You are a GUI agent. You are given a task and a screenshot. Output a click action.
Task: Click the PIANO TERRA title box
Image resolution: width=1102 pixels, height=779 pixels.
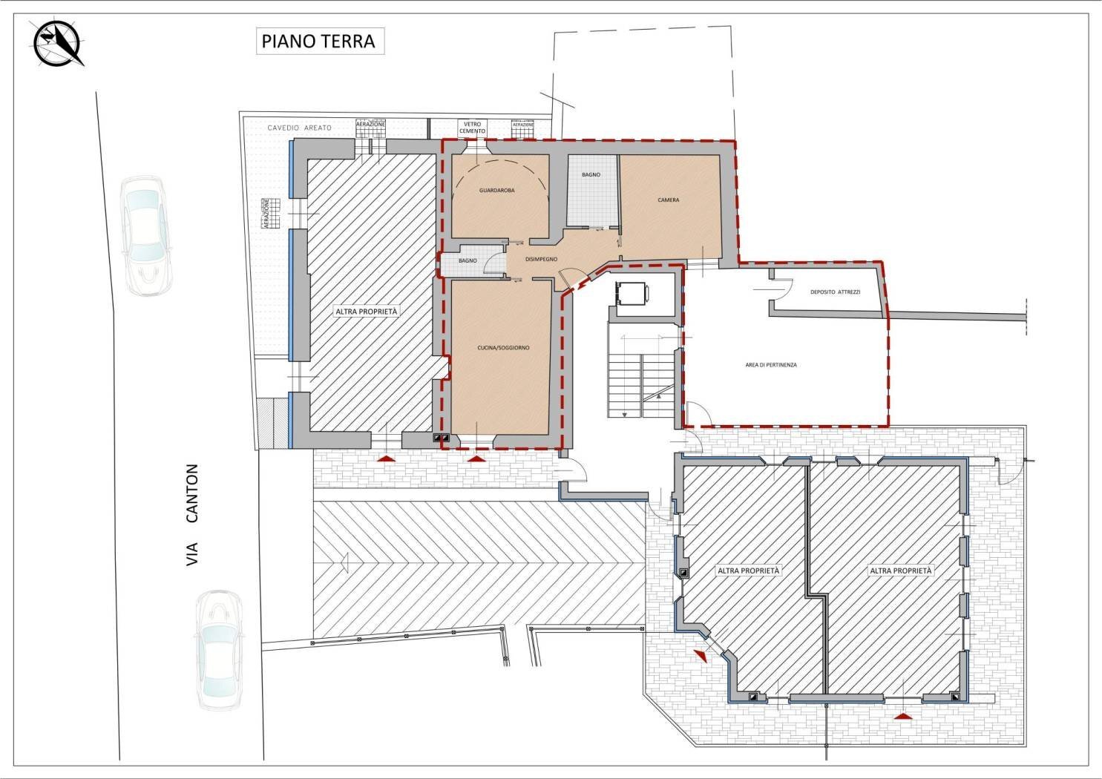tap(321, 42)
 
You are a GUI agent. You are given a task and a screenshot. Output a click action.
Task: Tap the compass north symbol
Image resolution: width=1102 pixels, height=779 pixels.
tap(59, 43)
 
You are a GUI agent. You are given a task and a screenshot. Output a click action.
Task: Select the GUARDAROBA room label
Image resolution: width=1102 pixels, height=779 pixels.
tap(497, 191)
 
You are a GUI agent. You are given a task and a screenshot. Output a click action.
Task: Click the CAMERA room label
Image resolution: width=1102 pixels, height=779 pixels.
tap(668, 200)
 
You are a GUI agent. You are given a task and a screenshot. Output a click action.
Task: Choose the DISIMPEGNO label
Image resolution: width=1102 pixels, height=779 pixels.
tap(541, 259)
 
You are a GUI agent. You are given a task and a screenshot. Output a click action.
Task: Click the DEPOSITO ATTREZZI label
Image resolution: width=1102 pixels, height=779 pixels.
tap(836, 292)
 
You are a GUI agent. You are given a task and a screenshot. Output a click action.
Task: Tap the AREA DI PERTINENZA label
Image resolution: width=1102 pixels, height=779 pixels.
tap(771, 365)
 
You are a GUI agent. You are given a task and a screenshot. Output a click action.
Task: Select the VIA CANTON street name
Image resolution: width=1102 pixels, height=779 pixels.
tap(192, 515)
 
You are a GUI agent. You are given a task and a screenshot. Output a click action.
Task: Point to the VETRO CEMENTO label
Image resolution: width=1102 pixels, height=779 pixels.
tap(472, 128)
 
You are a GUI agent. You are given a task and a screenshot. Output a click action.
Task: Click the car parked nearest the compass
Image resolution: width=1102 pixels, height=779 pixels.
tap(147, 236)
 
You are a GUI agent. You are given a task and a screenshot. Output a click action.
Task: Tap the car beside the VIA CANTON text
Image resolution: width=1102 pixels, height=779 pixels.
tap(220, 650)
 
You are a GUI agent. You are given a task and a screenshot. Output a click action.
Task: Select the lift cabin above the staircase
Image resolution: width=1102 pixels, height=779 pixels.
tap(632, 294)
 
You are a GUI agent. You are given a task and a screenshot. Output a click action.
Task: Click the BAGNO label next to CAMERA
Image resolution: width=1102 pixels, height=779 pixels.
tap(591, 174)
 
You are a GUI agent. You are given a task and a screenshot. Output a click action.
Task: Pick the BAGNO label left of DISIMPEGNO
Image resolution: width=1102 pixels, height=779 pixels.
tap(468, 260)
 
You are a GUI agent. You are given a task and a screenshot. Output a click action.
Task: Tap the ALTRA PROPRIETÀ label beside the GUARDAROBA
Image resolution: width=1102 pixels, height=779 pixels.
tap(367, 312)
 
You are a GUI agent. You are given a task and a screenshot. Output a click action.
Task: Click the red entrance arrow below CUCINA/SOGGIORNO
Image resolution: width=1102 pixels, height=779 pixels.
tap(475, 458)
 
